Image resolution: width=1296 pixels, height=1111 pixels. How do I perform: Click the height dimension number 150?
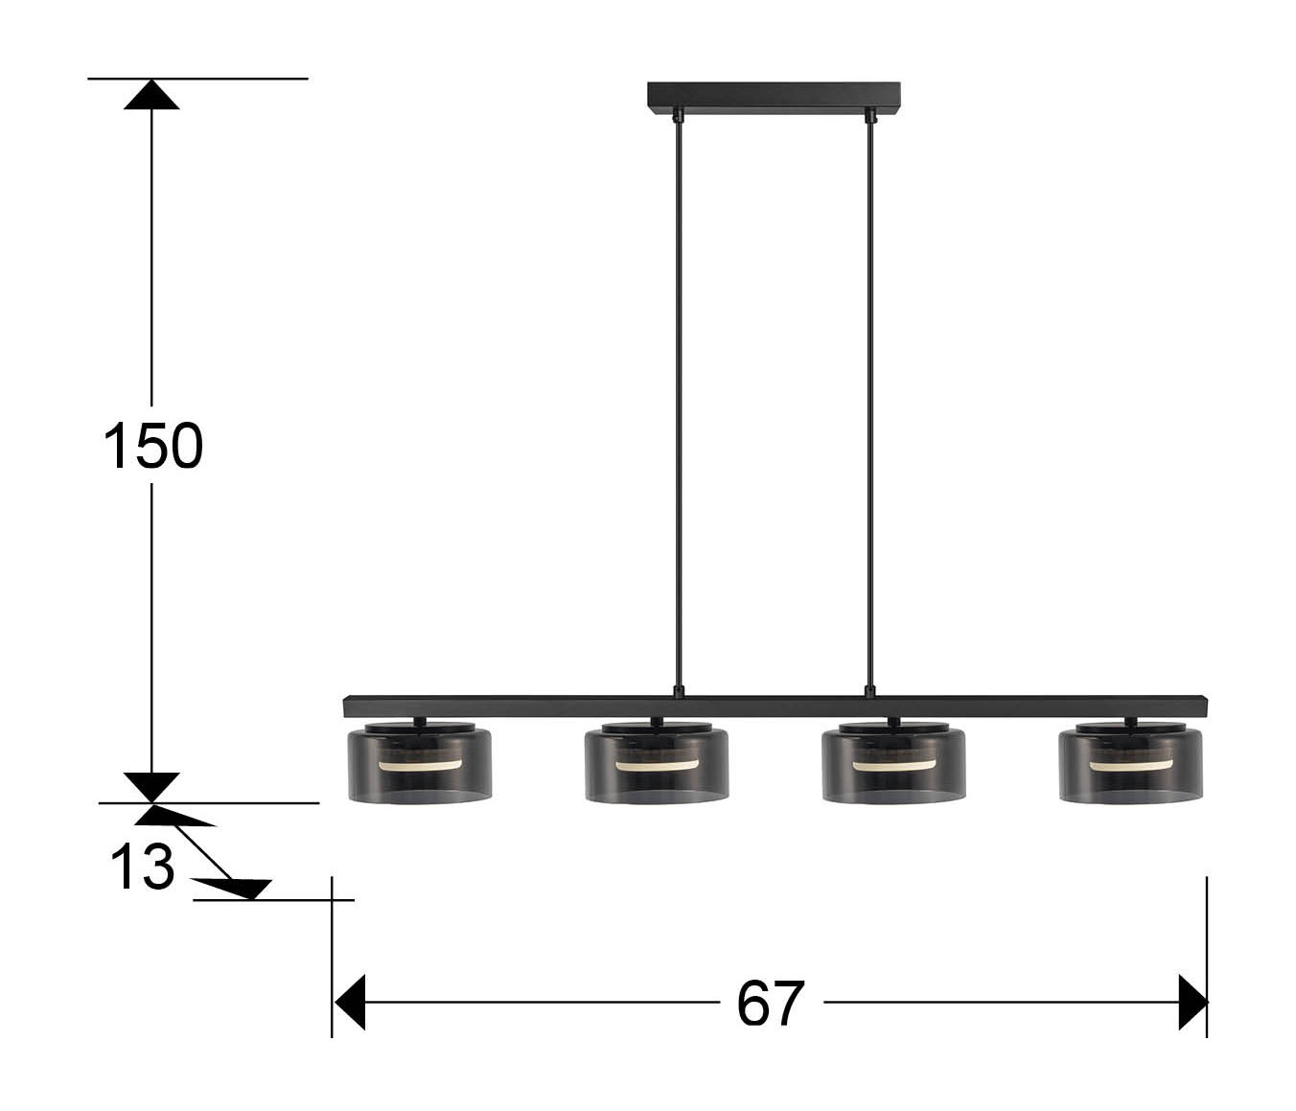click(x=153, y=445)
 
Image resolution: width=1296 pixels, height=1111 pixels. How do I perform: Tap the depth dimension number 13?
click(x=142, y=866)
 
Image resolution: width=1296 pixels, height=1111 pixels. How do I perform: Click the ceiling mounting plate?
click(x=773, y=99)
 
